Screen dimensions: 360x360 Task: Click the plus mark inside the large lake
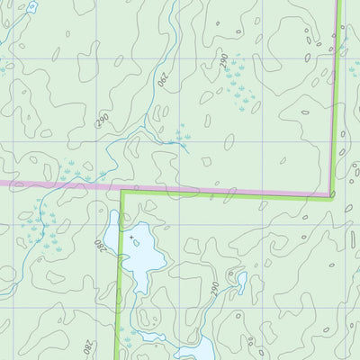coord(132,238)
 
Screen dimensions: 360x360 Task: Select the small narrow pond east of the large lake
coord(241,282)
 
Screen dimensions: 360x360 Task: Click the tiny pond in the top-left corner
coord(31,7)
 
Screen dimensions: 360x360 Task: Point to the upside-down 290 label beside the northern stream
coord(163,79)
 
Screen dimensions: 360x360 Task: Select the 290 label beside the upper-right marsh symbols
coord(223,61)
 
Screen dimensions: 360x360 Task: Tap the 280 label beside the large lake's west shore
coord(98,245)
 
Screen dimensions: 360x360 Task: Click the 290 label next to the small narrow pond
coord(215,288)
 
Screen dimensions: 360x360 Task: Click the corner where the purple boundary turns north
coord(331,195)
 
